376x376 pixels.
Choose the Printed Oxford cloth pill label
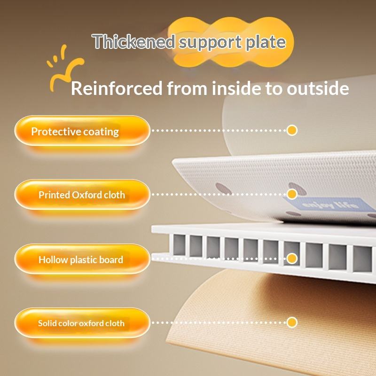pyautogui.click(x=82, y=195)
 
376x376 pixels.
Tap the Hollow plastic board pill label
pyautogui.click(x=81, y=259)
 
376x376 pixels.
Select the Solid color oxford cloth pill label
pyautogui.click(x=81, y=323)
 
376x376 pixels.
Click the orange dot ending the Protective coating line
pyautogui.click(x=292, y=130)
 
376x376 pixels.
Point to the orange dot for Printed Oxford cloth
pyautogui.click(x=292, y=194)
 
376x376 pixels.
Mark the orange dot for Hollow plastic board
pyautogui.click(x=292, y=258)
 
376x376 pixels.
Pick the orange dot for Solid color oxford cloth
pyautogui.click(x=292, y=322)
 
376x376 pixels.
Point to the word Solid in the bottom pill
pyautogui.click(x=47, y=323)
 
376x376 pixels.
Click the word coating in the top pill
pyautogui.click(x=101, y=131)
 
